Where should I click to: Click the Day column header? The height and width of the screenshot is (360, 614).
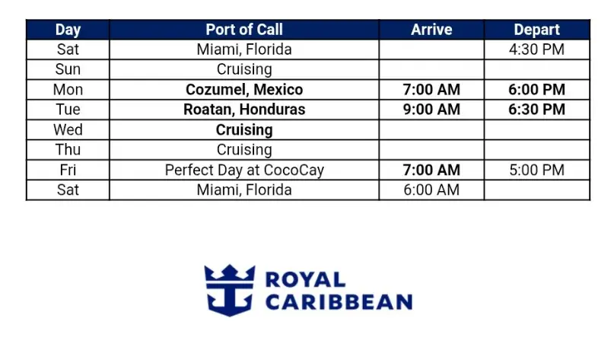68,30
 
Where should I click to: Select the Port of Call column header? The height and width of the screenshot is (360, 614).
244,30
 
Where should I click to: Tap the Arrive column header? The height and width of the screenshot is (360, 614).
431,30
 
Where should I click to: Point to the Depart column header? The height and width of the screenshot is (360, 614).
537,30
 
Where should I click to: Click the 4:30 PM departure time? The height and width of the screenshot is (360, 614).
537,49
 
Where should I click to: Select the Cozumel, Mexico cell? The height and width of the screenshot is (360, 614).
244,90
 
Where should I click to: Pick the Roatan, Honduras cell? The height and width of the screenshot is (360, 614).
244,110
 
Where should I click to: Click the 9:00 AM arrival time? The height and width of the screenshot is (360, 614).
431,110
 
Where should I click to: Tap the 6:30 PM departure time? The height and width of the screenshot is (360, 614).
537,110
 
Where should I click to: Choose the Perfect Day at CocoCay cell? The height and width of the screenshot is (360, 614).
244,170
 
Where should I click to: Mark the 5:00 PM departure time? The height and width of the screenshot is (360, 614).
537,170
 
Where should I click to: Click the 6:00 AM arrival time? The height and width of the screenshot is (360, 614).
431,190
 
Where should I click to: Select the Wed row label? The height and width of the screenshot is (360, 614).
68,129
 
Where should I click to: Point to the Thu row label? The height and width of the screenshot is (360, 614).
68,150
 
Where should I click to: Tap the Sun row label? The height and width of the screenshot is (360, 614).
68,69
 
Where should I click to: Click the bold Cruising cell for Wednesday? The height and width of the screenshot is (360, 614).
244,130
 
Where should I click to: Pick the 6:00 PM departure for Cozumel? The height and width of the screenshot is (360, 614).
537,90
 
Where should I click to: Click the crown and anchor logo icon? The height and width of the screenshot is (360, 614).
230,290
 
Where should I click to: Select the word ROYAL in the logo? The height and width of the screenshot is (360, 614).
305,279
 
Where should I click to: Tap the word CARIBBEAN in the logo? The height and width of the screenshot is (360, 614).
339,302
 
